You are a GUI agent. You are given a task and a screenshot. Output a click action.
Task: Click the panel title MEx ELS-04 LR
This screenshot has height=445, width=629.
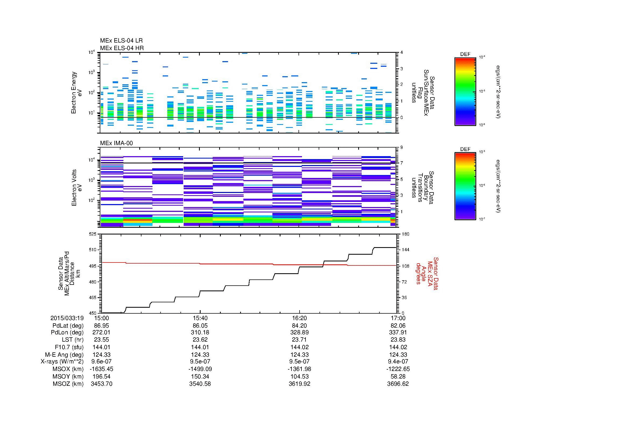(x=121, y=41)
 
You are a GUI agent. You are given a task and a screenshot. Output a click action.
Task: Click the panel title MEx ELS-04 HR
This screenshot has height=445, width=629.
(x=122, y=48)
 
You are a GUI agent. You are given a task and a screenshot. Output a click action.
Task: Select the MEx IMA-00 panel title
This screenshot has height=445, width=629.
(x=116, y=143)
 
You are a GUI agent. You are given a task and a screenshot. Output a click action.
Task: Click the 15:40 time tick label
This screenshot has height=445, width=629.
(x=200, y=318)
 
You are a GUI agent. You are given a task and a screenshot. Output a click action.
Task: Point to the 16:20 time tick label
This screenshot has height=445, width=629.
(x=299, y=318)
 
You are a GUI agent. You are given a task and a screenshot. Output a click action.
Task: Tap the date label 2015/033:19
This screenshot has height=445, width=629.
(x=67, y=318)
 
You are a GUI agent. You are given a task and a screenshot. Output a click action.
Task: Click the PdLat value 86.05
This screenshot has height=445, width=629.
(x=200, y=326)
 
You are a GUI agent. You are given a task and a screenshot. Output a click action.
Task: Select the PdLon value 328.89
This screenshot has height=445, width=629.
(x=299, y=332)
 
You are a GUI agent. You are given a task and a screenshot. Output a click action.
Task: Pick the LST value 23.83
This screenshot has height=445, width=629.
(x=398, y=340)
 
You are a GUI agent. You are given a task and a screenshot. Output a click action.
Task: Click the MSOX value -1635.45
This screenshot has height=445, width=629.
(x=102, y=369)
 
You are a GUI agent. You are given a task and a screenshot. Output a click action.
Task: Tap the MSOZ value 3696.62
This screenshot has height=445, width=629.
(x=398, y=384)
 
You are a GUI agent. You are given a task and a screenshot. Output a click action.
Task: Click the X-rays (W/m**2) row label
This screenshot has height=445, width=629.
(x=62, y=362)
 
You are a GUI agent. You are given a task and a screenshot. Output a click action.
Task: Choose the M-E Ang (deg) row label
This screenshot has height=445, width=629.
(x=64, y=355)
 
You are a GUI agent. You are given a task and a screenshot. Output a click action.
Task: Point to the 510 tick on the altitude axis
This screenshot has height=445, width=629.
(x=93, y=250)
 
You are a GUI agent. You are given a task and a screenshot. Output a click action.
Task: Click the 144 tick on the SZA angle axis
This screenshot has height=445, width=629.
(x=405, y=250)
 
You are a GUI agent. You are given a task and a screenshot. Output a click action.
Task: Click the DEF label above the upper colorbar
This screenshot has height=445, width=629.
(x=465, y=54)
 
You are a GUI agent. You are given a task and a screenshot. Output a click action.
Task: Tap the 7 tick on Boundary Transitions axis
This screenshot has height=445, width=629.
(x=401, y=163)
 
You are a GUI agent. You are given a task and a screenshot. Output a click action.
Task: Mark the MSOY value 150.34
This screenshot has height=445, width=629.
(x=200, y=376)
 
